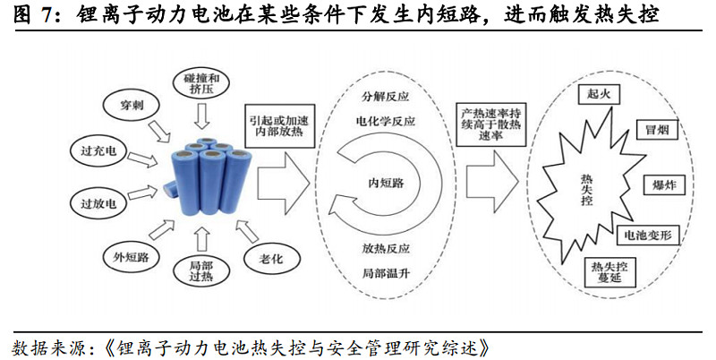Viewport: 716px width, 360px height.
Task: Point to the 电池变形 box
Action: coord(652,236)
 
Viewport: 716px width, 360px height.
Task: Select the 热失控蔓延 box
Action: coord(608,271)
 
